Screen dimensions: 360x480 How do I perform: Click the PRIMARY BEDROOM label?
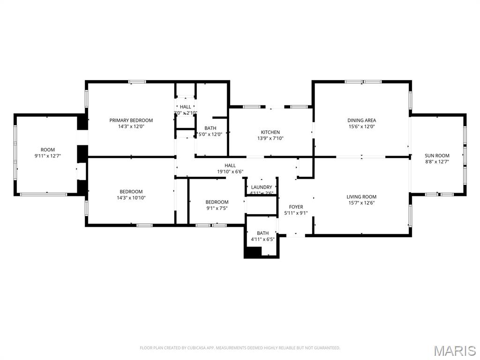pos(131,120)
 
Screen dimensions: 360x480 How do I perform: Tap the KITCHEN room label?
pos(270,132)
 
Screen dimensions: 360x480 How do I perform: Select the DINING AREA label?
pos(362,120)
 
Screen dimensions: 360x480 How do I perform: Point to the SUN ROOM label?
pos(437,156)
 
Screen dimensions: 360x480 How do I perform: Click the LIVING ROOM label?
pos(361,197)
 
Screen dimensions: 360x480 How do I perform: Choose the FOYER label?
pos(296,207)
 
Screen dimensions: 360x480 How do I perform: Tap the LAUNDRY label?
pos(262,187)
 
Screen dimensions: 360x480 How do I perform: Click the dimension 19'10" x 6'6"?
pos(230,172)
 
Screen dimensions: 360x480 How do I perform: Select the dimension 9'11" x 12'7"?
pos(48,156)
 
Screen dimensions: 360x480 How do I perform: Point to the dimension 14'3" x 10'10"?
pos(131,197)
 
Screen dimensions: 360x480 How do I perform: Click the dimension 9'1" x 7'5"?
pos(217,208)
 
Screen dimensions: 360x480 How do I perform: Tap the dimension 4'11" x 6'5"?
pos(263,239)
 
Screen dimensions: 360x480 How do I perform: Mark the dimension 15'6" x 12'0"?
pos(362,127)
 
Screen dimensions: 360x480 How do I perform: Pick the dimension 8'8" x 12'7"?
pos(437,162)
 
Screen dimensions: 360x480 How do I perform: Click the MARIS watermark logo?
pos(454,351)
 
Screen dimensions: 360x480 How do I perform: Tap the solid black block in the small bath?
pos(253,252)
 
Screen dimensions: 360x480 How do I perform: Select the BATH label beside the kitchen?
pos(210,128)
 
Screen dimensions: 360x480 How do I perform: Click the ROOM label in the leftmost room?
pos(48,150)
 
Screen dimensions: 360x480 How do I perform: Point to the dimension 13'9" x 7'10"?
pos(270,138)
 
